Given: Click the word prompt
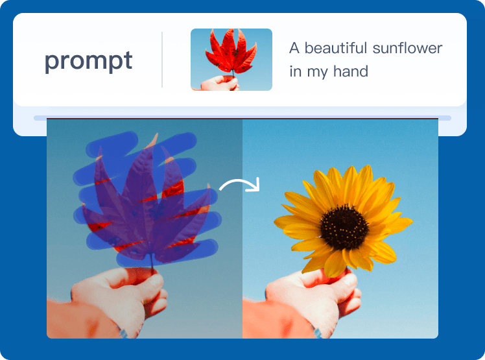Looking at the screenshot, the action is (88, 61).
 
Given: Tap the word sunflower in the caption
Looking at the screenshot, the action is (407, 48).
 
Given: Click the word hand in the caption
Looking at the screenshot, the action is (351, 71).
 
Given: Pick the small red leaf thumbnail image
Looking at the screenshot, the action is (231, 60).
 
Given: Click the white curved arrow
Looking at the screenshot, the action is (239, 185).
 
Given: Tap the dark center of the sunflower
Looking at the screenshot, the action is (344, 228).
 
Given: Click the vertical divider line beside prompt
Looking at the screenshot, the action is (162, 60).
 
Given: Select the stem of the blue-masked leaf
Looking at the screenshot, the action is (152, 263).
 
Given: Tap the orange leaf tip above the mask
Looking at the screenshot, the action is (153, 140).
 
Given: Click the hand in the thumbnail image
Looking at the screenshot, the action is (220, 83).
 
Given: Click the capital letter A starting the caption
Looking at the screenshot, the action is (294, 48).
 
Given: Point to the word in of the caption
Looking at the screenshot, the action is (296, 71).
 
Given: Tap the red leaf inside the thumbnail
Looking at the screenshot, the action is (231, 51).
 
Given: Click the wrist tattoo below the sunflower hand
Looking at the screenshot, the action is (317, 331).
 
